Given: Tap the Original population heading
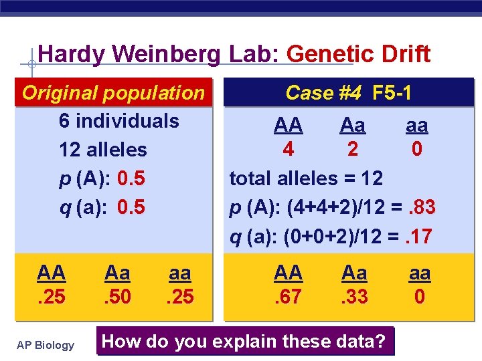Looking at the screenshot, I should [113, 93].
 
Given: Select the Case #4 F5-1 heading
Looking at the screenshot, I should [348, 93].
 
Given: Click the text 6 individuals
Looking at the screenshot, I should [118, 121].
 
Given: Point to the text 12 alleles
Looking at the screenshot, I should [102, 150].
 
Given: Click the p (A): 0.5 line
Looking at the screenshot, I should [102, 178].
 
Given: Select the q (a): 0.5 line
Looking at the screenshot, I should [102, 207].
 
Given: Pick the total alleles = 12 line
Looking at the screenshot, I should [306, 178].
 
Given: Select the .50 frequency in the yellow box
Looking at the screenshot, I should [118, 296].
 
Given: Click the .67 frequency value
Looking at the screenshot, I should [288, 296].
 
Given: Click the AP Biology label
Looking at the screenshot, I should [46, 345].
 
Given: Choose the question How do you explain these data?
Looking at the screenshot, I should [245, 342].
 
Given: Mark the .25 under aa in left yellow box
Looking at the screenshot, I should [179, 296].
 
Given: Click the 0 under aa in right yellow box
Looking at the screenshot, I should [419, 296].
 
